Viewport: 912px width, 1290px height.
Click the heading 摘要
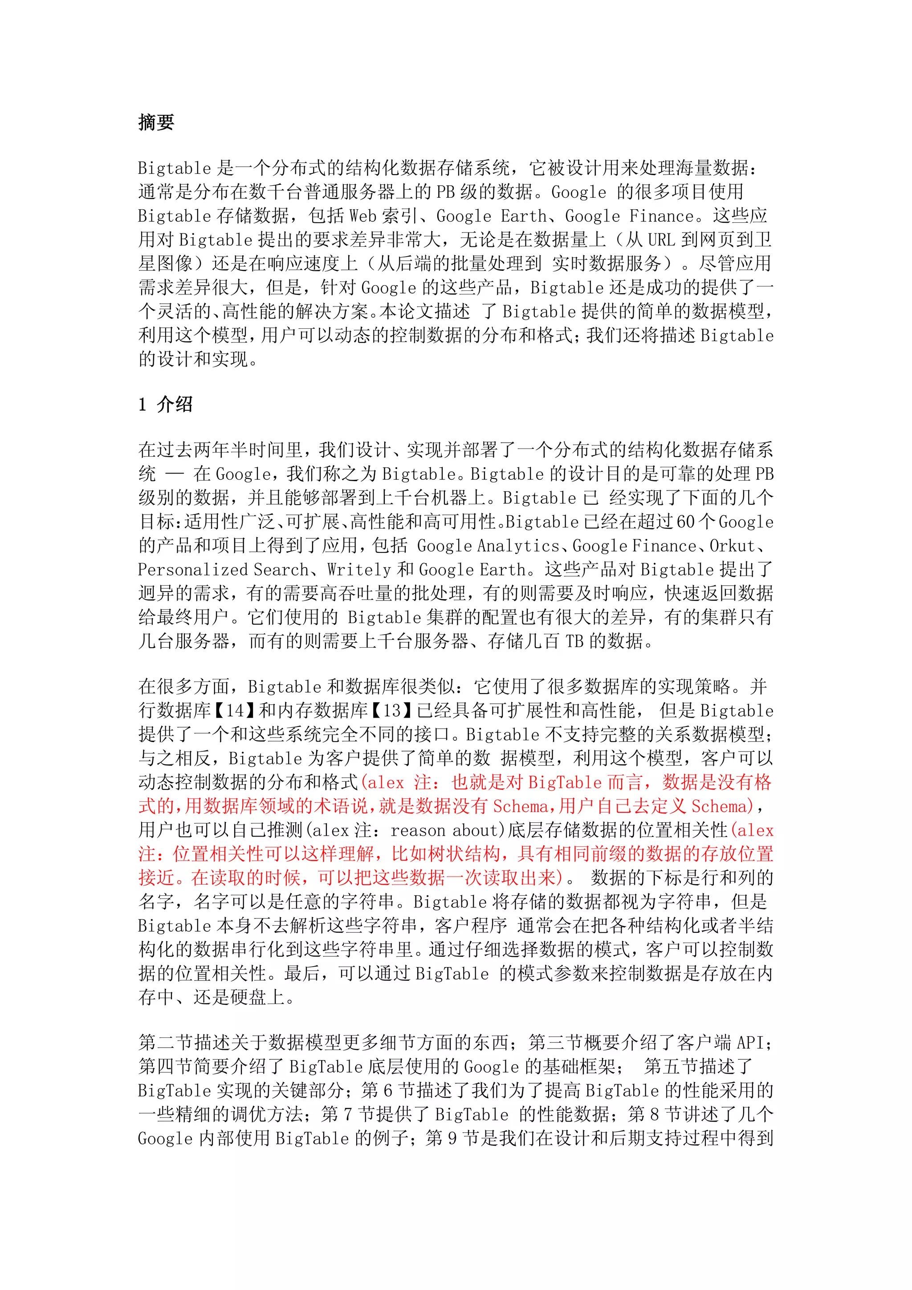click(156, 122)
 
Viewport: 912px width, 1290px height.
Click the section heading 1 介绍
click(165, 404)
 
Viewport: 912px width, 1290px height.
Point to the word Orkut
click(732, 546)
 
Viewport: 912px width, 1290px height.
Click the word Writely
click(359, 570)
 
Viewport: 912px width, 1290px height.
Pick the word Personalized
click(193, 570)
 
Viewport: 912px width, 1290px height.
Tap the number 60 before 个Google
click(685, 522)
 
